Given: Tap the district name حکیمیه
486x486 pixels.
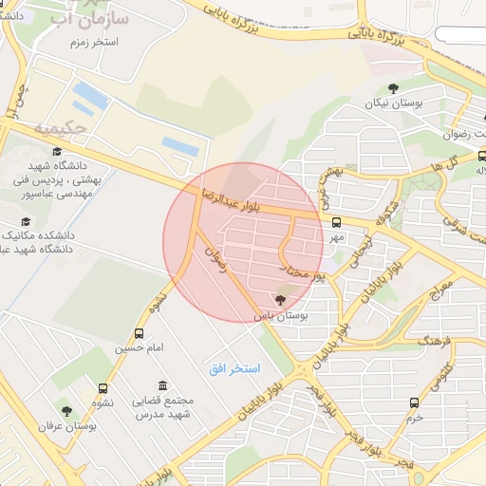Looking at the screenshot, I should pyautogui.click(x=60, y=126).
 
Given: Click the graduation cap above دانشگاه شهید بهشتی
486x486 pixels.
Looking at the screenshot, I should pyautogui.click(x=57, y=152).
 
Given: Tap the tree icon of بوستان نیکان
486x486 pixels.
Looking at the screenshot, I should pyautogui.click(x=394, y=89).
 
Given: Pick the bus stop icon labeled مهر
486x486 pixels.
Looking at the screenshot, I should pyautogui.click(x=336, y=222).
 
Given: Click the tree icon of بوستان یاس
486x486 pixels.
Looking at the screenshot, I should pyautogui.click(x=279, y=299).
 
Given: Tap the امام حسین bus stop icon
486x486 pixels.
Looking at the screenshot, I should pyautogui.click(x=140, y=333).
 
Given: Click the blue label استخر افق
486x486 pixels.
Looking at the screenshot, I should pyautogui.click(x=236, y=366).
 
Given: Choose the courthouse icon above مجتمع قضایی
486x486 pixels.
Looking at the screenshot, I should pyautogui.click(x=164, y=386).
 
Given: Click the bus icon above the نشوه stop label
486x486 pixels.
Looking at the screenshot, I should pyautogui.click(x=102, y=388).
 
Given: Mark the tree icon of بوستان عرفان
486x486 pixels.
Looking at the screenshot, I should pyautogui.click(x=66, y=411).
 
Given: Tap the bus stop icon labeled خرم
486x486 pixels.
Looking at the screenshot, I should pyautogui.click(x=413, y=402).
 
